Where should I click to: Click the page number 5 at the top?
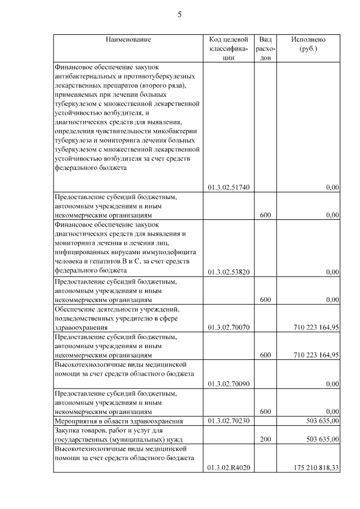tap(179, 15)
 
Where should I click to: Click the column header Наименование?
tap(128, 40)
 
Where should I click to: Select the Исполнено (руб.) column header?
tap(308, 44)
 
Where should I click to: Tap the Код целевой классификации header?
tap(228, 48)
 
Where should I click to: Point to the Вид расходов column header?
tap(266, 48)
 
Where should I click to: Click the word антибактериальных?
tap(83, 76)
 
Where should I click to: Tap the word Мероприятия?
tap(75, 421)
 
